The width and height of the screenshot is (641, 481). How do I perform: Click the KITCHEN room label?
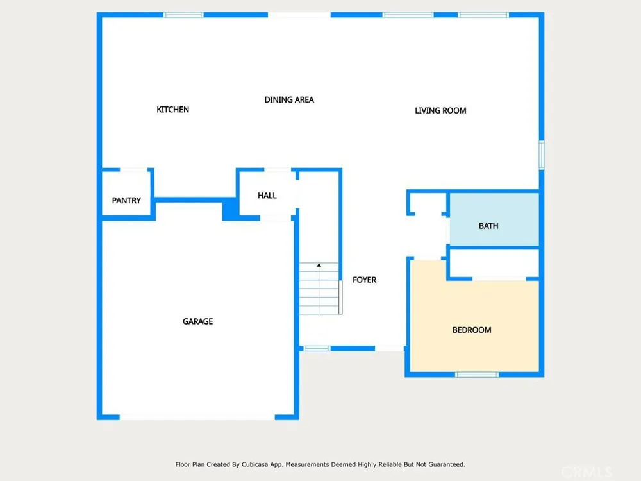[x=172, y=110]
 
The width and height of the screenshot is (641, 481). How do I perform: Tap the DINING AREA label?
[x=289, y=100]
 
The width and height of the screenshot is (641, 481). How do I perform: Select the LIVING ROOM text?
[x=440, y=110]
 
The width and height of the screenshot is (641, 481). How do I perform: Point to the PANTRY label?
[x=126, y=200]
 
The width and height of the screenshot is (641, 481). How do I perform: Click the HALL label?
[x=267, y=196]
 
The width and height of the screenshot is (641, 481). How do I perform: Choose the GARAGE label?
[x=197, y=321]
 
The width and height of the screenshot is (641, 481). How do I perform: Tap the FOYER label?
[x=364, y=280]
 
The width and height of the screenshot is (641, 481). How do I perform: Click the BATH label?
[x=488, y=226]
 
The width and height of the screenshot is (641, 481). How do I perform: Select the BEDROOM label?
[x=472, y=330]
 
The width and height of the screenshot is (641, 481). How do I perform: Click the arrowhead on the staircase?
[x=319, y=265]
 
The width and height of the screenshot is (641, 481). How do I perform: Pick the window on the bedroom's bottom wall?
[x=477, y=375]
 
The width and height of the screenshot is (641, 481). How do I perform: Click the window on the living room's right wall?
[x=542, y=155]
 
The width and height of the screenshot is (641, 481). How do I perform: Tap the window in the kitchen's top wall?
[x=183, y=15]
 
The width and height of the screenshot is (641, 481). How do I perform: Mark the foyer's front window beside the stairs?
[x=317, y=348]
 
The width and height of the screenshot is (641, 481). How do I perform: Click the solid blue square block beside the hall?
[x=231, y=209]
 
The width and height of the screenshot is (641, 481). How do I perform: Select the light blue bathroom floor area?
[x=494, y=219]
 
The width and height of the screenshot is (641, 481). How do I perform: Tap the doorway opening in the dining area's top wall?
[x=299, y=15]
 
